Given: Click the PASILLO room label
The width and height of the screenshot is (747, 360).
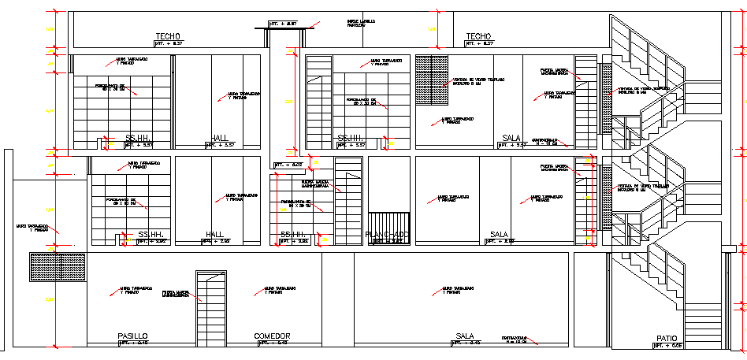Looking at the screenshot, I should click(132, 336).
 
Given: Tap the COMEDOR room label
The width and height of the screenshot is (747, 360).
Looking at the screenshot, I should click(272, 336).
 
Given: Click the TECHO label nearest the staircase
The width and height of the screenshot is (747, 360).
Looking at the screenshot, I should click(478, 36).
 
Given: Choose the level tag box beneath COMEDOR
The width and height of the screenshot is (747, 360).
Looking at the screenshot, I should click(272, 343).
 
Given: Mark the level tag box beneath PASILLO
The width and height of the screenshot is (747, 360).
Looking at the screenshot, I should click(132, 343).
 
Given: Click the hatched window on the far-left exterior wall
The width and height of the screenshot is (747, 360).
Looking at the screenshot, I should click(57, 267).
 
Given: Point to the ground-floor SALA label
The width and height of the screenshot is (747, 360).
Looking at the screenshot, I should click(464, 336).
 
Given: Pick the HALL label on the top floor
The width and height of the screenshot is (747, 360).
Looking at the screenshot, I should click(220, 139).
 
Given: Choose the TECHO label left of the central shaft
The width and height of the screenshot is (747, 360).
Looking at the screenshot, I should click(168, 36).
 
